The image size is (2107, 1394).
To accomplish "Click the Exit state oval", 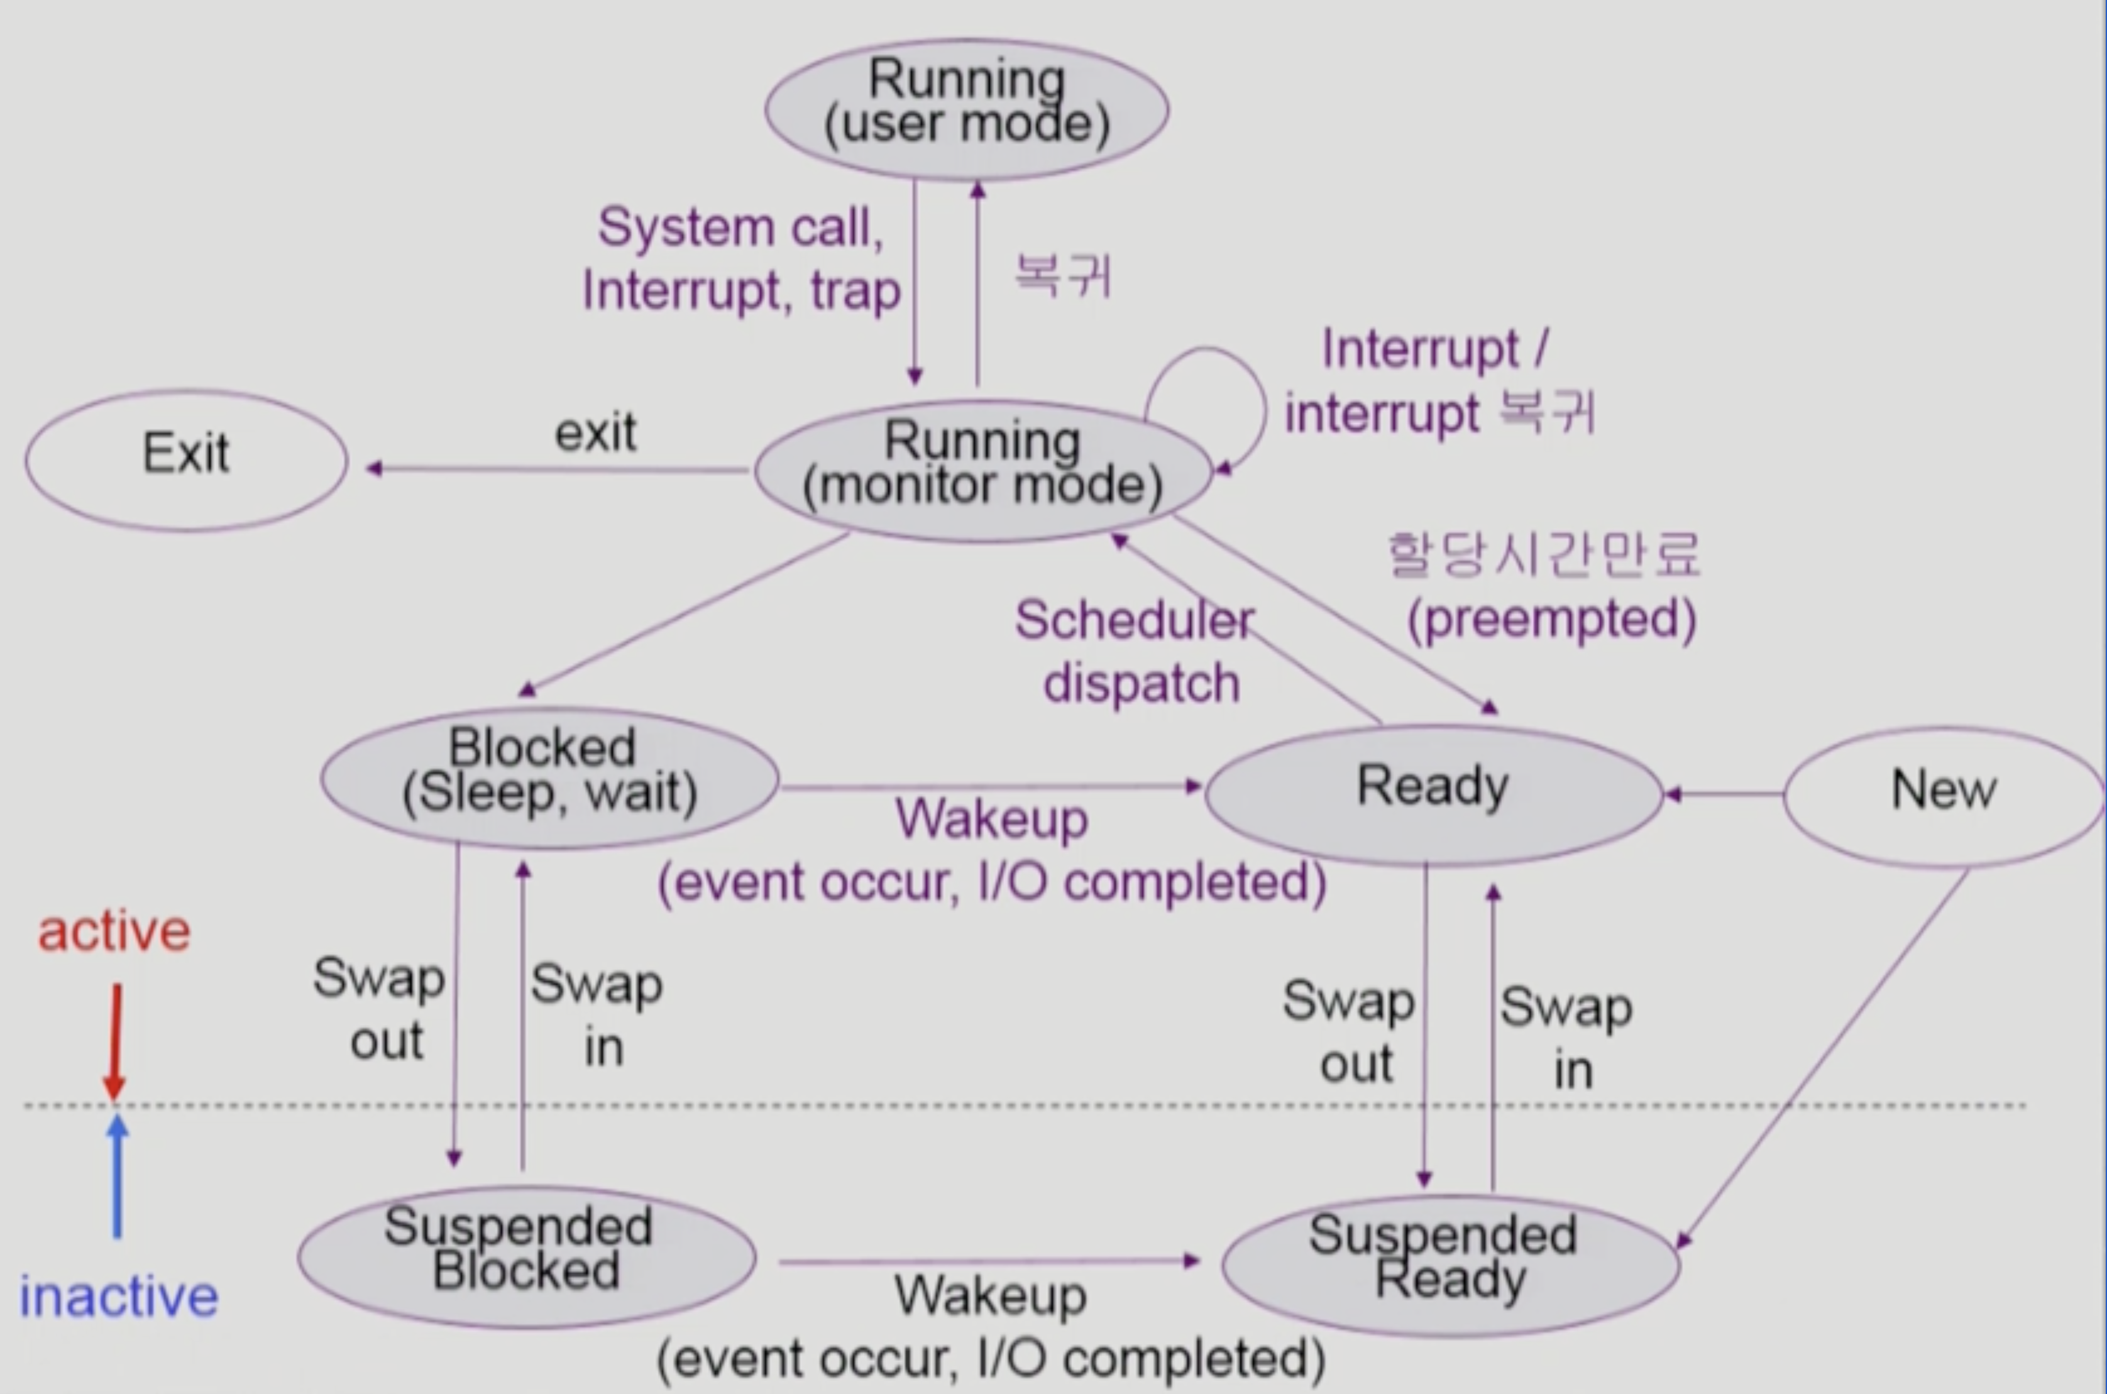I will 186,459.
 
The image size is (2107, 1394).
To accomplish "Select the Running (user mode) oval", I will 966,109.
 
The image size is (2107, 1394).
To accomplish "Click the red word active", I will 114,931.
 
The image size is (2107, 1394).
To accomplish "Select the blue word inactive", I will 119,1296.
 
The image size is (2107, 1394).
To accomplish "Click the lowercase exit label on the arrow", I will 596,434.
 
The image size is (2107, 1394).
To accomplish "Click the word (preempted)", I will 1551,620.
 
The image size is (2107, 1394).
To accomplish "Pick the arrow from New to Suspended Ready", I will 1822,1058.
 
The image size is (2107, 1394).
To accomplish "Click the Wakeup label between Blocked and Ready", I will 991,819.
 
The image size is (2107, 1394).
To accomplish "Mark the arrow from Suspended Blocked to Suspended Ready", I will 987,1261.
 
